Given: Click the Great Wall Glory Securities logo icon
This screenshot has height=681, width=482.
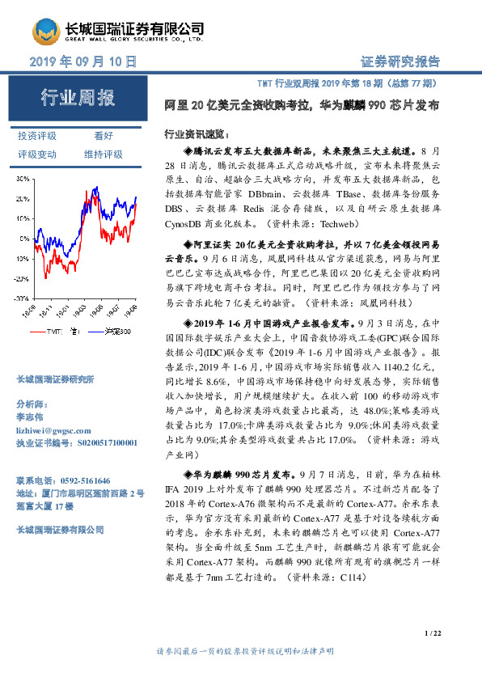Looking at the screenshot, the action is [x=47, y=32].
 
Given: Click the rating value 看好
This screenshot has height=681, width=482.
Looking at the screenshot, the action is [x=104, y=137].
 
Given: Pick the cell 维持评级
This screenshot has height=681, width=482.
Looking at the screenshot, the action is [x=104, y=154].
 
